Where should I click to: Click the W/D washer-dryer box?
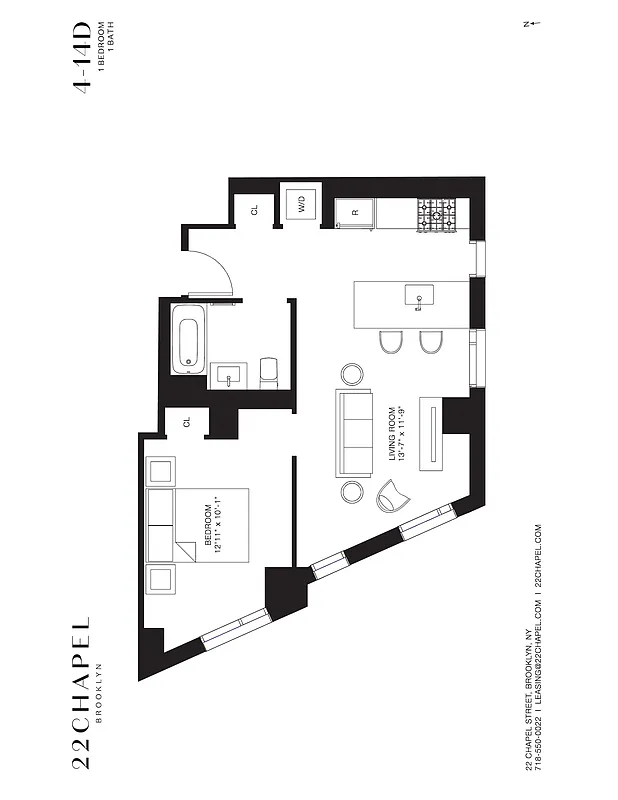tap(301, 206)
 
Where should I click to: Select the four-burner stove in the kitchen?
tap(436, 213)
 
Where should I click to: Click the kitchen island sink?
tap(419, 295)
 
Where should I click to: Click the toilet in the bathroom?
tap(268, 372)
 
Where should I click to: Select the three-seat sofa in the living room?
tap(354, 433)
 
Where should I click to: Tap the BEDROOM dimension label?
tap(213, 527)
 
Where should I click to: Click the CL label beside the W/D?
tap(254, 210)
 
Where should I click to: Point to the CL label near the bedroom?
tap(186, 422)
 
